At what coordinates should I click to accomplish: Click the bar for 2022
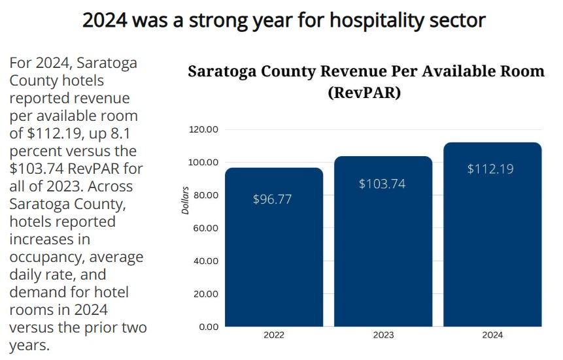(274, 247)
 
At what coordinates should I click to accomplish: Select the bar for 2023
(383, 241)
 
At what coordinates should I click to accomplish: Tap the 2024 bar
(492, 235)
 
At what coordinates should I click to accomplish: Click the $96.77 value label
(272, 199)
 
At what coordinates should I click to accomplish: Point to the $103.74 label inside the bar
(382, 184)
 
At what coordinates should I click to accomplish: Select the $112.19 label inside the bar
(490, 169)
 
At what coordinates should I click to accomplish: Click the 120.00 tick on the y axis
(203, 129)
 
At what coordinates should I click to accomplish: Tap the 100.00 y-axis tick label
(203, 162)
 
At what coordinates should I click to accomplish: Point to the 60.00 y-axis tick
(206, 228)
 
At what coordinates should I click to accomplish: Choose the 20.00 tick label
(206, 294)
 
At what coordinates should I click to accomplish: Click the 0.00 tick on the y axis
(208, 327)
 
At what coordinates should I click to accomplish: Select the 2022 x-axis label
(274, 335)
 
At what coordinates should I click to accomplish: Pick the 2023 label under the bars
(383, 335)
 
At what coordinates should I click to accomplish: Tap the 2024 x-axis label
(492, 335)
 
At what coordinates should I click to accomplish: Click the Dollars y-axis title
(185, 201)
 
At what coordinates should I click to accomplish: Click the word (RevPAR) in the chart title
(364, 92)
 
